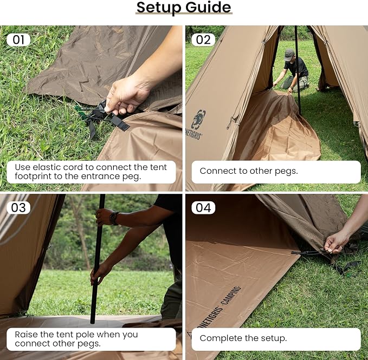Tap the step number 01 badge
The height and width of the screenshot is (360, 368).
point(18,40)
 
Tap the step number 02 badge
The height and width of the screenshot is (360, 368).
point(203,40)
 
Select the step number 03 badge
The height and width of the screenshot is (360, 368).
point(18,207)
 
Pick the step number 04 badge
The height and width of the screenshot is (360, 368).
point(203,207)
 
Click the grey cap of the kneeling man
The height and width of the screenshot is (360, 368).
point(289,54)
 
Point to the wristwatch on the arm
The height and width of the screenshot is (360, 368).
point(114,218)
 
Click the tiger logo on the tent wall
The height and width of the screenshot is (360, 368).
point(198,119)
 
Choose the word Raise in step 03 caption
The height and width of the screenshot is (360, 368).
point(26,334)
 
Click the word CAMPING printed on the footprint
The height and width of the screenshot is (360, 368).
point(231,296)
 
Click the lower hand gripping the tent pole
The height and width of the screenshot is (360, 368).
point(99,273)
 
